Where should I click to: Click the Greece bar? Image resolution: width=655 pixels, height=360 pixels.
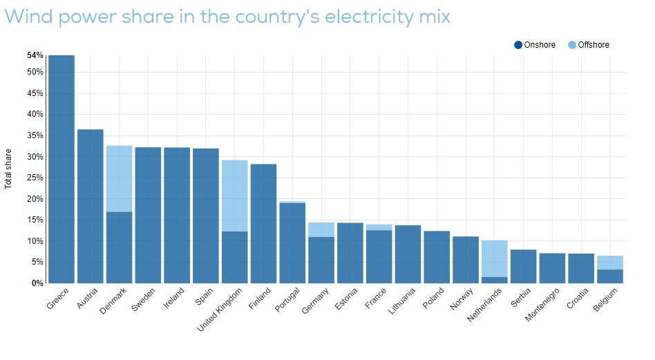click(x=61, y=169)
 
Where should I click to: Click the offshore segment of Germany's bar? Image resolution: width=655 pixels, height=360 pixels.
click(x=321, y=229)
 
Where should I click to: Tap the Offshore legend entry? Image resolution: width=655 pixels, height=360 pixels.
click(x=589, y=45)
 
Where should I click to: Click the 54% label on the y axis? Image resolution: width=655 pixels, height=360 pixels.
click(x=35, y=55)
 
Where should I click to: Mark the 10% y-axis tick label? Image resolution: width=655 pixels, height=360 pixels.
click(x=36, y=241)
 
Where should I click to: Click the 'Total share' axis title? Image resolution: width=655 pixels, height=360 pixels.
click(x=9, y=169)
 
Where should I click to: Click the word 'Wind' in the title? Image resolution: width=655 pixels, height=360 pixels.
click(x=28, y=16)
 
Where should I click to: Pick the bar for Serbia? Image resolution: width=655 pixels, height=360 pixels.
click(x=524, y=266)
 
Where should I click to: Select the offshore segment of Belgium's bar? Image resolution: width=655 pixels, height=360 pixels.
click(x=610, y=263)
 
